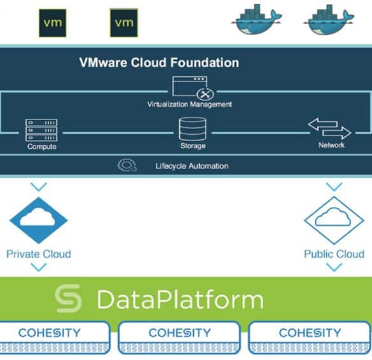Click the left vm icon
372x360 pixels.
53,23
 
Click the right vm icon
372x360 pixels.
124,23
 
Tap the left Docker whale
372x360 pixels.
256,19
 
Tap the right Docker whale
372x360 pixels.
329,19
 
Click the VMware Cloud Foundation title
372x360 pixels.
159,62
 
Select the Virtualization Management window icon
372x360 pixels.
193,87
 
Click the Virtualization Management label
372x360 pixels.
189,104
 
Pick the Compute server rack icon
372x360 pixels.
41,130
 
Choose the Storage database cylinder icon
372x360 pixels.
193,129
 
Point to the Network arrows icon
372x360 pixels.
330,128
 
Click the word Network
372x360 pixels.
331,145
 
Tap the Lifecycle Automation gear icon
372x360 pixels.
127,165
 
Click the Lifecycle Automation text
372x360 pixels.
192,166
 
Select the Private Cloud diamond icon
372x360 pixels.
39,221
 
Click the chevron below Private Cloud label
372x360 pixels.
39,267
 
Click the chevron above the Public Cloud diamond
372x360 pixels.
334,187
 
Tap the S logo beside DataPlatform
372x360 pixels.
68,298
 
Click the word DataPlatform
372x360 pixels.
181,299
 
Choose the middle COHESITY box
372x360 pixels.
179,338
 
